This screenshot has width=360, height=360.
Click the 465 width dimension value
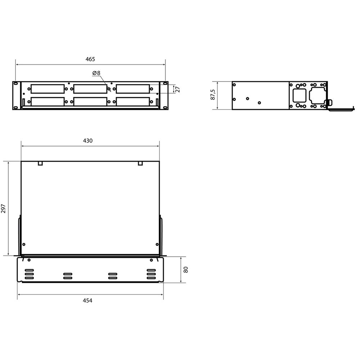pyautogui.click(x=90, y=59)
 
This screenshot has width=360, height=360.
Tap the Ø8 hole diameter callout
pyautogui.click(x=96, y=73)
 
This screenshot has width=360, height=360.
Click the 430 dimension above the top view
pyautogui.click(x=88, y=141)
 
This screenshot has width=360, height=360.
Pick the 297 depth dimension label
pyautogui.click(x=4, y=209)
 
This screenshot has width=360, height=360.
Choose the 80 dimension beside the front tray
pyautogui.click(x=186, y=270)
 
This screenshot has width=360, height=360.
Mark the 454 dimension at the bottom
pyautogui.click(x=88, y=301)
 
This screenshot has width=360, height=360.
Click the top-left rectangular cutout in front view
pyautogui.click(x=48, y=89)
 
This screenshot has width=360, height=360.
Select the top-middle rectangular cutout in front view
pyautogui.click(x=90, y=89)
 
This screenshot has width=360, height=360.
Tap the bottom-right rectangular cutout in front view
pyautogui.click(x=133, y=102)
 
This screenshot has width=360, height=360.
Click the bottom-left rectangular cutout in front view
pyautogui.click(x=48, y=102)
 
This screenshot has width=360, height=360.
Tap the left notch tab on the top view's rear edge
pyautogui.click(x=40, y=163)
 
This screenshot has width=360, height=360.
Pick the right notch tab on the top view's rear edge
pyautogui.click(x=140, y=163)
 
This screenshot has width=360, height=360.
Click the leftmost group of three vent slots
pyautogui.click(x=29, y=274)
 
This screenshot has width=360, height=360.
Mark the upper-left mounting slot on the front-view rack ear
pyautogui.click(x=15, y=84)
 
